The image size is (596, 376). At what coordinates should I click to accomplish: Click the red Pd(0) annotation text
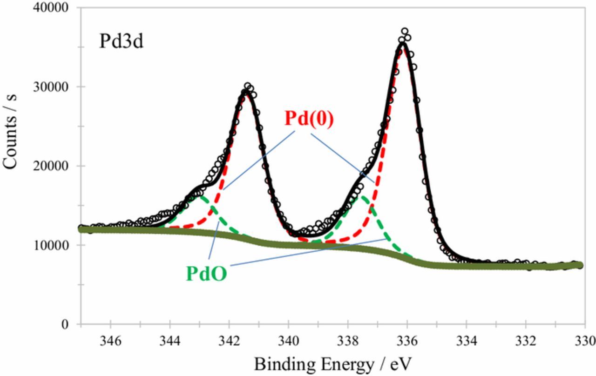pos(309,120)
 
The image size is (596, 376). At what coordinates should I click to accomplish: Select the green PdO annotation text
pos(206,274)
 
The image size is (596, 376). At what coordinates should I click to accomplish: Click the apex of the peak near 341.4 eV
pos(247,91)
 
